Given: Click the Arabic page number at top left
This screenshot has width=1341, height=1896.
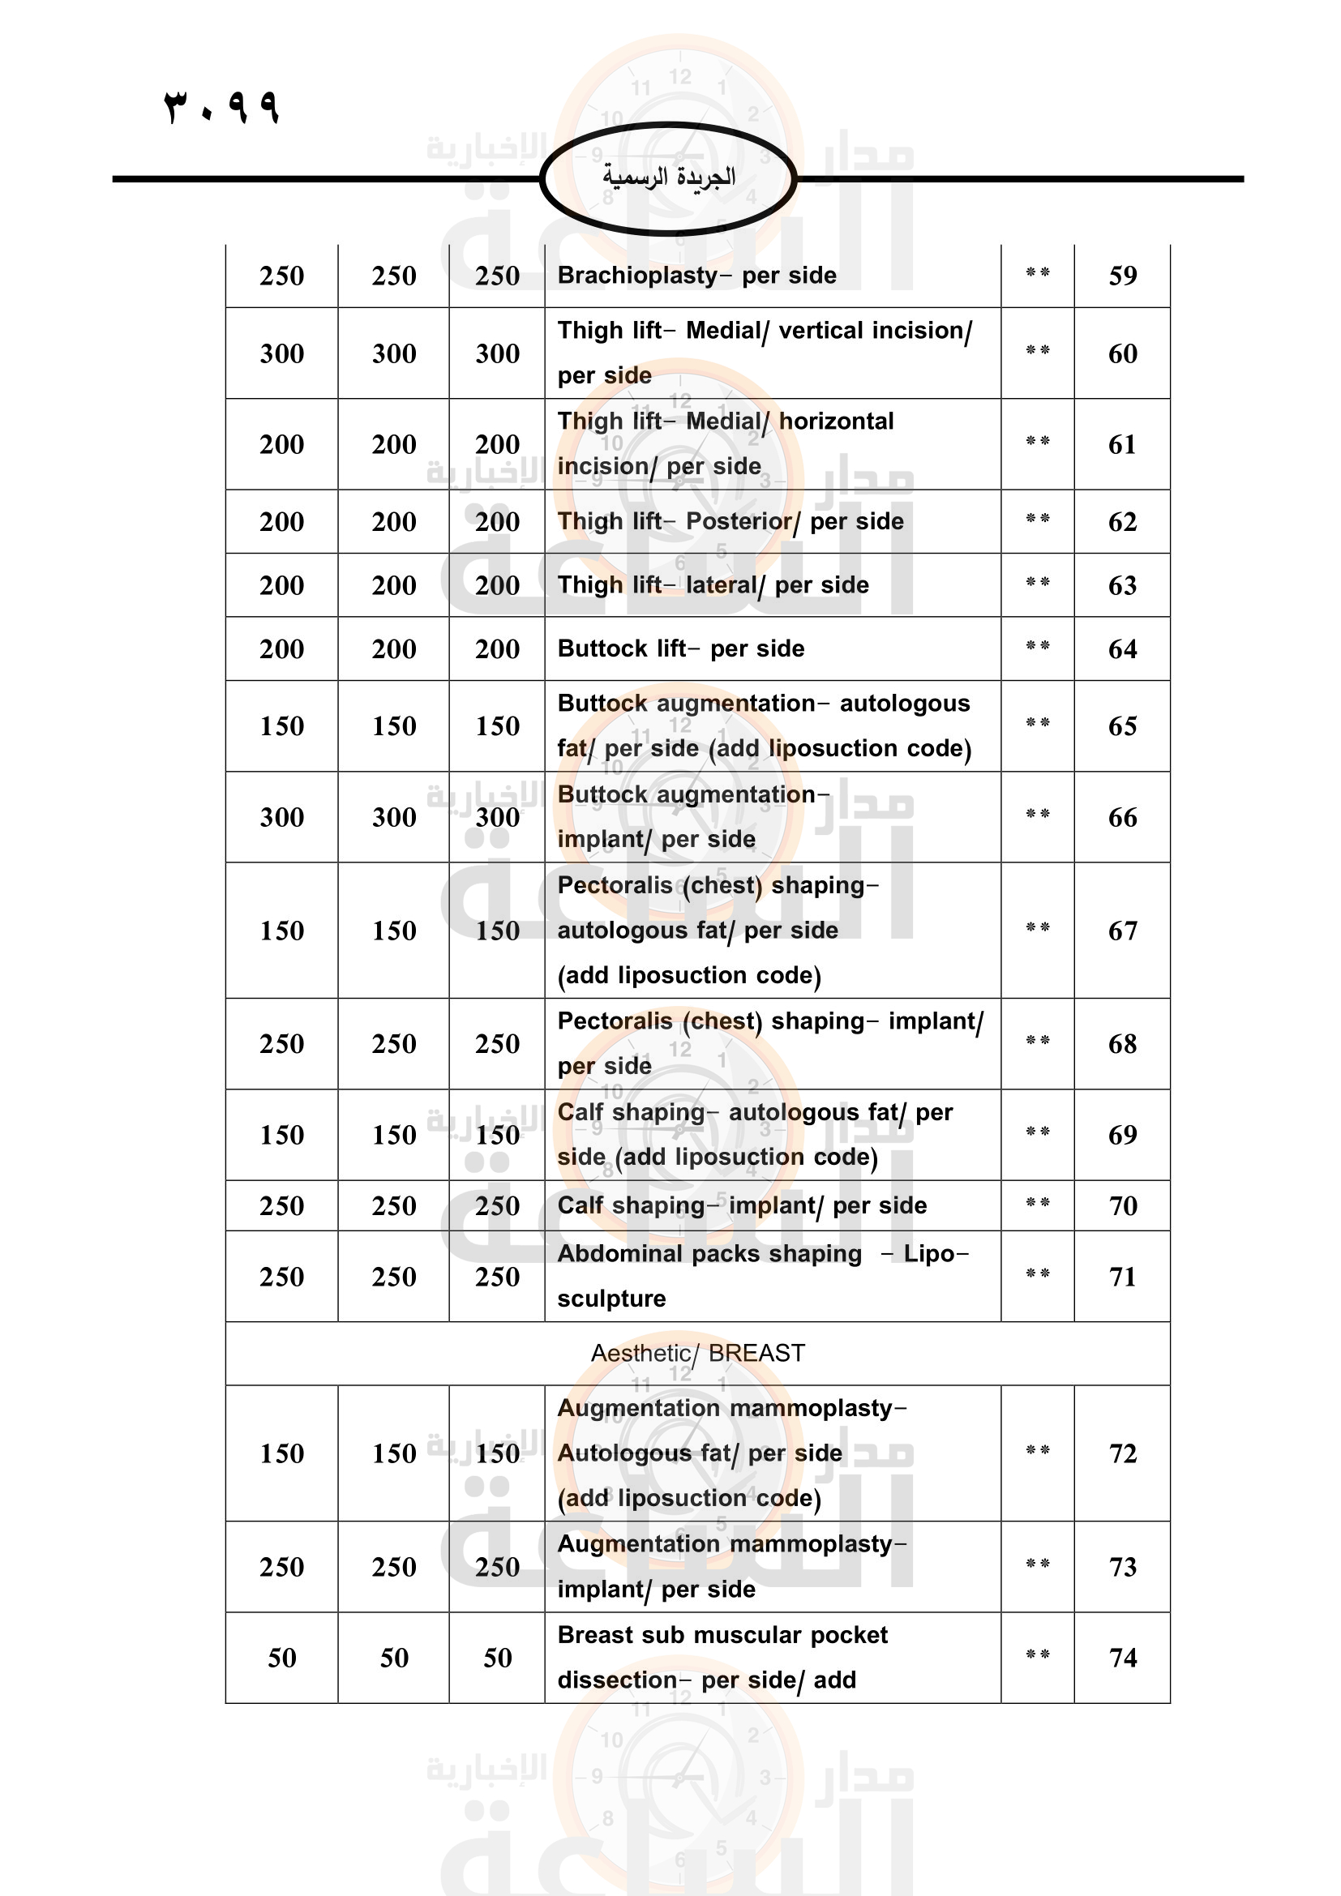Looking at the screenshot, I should click(x=222, y=105).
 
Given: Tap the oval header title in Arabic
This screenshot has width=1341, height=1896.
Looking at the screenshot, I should click(x=668, y=177).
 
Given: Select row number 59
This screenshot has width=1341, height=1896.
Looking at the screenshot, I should click(x=1122, y=276).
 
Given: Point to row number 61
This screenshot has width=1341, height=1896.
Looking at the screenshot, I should click(x=1122, y=445).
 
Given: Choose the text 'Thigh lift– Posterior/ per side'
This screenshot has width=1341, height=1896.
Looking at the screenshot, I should click(x=730, y=522).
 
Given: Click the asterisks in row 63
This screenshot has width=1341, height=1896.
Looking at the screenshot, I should click(x=1037, y=583).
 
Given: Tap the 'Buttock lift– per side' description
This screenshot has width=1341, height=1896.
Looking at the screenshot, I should click(x=680, y=649).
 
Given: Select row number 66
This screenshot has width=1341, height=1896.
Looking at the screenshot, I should click(x=1122, y=818).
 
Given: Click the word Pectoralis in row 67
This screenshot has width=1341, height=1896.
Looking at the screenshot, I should click(x=615, y=885).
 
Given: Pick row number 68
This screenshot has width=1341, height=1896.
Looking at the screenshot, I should click(x=1122, y=1044).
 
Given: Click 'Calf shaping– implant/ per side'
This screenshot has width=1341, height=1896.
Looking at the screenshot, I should click(x=742, y=1205).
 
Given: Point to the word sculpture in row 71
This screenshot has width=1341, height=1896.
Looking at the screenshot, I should click(x=611, y=1299).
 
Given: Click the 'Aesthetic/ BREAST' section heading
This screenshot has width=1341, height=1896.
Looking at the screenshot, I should click(x=697, y=1354).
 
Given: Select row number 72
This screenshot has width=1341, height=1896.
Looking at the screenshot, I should click(x=1122, y=1453).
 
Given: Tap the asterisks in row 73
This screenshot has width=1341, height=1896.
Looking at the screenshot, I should click(x=1037, y=1564).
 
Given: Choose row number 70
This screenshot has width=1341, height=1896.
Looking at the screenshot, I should click(x=1122, y=1205).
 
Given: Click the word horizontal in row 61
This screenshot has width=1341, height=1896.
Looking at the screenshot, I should click(x=836, y=422).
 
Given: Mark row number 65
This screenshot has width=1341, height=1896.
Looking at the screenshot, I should click(x=1122, y=726).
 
